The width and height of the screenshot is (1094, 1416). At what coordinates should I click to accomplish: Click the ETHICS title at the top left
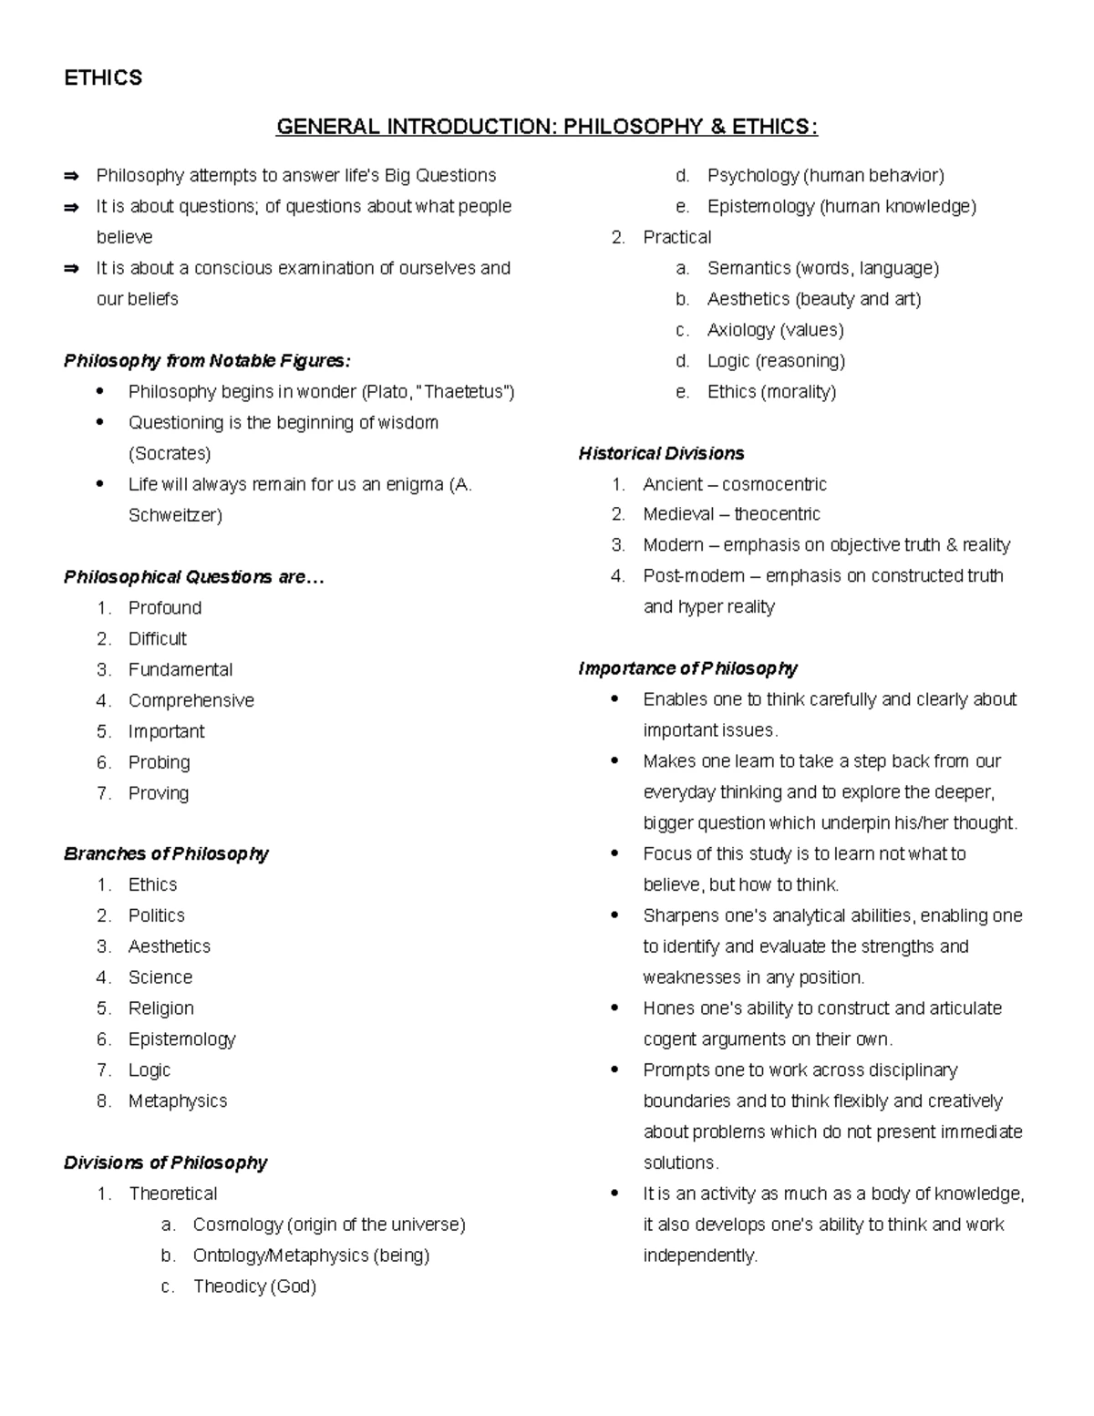coord(103,78)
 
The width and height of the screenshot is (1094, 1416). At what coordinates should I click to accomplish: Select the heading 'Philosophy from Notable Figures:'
coord(207,361)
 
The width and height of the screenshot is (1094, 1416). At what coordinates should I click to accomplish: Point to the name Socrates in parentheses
coord(170,454)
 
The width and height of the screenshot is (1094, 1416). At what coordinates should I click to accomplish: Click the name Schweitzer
coord(173,515)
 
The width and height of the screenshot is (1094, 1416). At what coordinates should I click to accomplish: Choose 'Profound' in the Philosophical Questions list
coord(165,608)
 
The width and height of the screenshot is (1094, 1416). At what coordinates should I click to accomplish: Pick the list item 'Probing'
coord(160,762)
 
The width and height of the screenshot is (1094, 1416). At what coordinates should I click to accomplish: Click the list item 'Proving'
coord(159,793)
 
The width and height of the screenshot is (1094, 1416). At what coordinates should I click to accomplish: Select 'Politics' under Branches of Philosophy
coord(157,915)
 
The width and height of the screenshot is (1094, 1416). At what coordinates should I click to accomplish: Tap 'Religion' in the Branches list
coord(161,1008)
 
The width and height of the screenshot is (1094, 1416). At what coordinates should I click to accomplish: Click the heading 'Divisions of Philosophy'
coord(165,1163)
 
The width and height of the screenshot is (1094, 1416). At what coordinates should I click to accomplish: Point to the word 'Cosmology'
coord(238,1225)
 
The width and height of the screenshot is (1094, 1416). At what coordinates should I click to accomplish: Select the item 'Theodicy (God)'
coord(254,1287)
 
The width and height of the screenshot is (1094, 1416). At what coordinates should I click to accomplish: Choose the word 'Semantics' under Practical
coord(748,268)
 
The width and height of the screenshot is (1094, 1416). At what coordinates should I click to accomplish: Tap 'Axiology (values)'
coord(775,330)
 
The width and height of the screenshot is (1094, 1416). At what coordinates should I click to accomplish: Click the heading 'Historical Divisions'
coord(661,453)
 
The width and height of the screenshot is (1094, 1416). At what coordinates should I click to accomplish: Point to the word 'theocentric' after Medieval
coord(777,514)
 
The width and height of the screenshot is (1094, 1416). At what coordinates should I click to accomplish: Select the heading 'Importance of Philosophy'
coord(687,668)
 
